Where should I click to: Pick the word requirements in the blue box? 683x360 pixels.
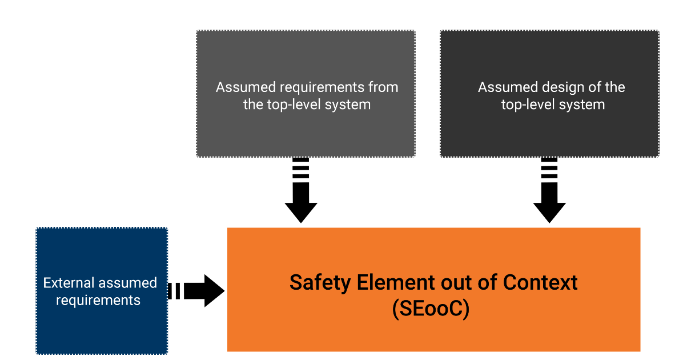pos(98,300)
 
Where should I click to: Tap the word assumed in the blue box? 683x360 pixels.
pos(128,283)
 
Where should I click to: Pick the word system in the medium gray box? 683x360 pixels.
pos(350,105)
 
